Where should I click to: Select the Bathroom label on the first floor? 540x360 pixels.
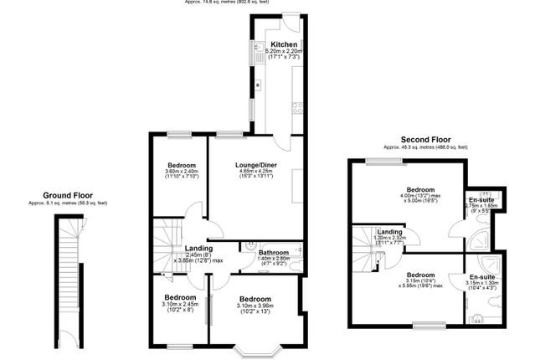(274, 252)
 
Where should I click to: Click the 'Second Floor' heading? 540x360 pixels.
(425, 139)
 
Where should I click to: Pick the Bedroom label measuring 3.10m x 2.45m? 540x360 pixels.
(179, 297)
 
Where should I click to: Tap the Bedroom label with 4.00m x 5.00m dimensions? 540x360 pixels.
(420, 190)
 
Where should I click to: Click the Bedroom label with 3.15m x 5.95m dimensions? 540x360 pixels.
(421, 274)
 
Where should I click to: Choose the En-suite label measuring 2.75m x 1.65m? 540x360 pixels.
(481, 200)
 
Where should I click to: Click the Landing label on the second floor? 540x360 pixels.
(388, 232)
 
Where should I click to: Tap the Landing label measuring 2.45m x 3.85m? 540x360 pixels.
(198, 249)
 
